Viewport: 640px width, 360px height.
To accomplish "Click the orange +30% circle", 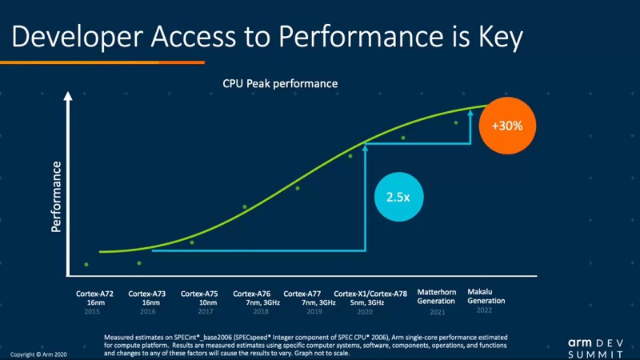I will (x=506, y=125).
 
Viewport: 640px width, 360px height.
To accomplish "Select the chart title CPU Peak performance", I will (x=280, y=83).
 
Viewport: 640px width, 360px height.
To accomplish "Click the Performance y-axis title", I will (x=57, y=196).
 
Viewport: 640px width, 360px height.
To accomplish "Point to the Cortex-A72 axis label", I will (x=94, y=294).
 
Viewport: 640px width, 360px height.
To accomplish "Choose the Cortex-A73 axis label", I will (x=146, y=294).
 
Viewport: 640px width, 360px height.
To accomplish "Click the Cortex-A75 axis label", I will (x=200, y=294).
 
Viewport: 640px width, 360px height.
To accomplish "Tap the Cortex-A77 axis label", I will (x=303, y=294).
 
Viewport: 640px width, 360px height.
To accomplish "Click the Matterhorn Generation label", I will (x=437, y=296).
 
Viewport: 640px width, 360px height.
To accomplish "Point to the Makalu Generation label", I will (x=486, y=296).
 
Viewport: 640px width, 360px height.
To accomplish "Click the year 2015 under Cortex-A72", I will (x=94, y=311).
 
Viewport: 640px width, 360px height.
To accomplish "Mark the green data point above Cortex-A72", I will (x=86, y=265).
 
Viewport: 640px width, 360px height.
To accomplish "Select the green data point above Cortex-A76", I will (x=245, y=207).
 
